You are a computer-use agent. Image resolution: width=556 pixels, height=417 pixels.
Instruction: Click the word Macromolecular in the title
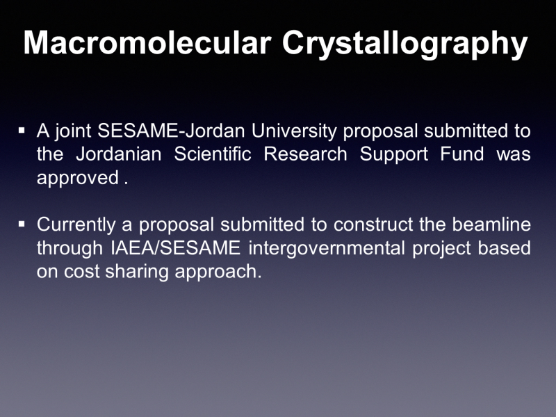pos(147,42)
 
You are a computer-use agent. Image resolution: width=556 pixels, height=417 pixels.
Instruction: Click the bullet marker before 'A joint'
pos(22,131)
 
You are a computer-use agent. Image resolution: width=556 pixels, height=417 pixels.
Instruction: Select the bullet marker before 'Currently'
pos(22,224)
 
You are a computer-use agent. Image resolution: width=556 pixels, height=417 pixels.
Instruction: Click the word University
pos(294,131)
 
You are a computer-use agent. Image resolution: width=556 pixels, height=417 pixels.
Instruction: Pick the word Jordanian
pos(119,154)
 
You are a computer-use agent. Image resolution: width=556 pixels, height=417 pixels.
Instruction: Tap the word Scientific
pos(213,154)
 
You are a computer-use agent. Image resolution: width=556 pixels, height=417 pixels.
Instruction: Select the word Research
pos(305,154)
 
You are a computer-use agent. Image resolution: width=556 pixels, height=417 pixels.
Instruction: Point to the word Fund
pos(462,154)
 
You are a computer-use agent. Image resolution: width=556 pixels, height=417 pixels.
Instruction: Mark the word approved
pos(78,178)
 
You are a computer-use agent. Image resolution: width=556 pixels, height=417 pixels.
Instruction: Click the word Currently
pos(76,225)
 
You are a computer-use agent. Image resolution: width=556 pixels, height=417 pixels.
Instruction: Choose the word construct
pos(373,224)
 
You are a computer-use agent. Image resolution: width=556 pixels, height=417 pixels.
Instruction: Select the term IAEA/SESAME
pos(176,247)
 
